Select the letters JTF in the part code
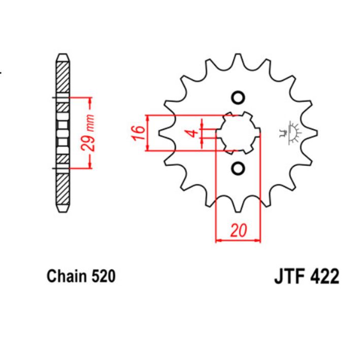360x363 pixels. pyautogui.click(x=290, y=277)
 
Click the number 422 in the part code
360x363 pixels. pyautogui.click(x=323, y=277)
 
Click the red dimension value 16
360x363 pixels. pyautogui.click(x=137, y=133)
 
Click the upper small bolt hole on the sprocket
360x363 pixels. pyautogui.click(x=238, y=98)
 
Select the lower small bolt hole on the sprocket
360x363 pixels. pyautogui.click(x=238, y=168)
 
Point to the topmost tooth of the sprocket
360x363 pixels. pyautogui.click(x=238, y=60)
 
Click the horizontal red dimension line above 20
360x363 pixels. pyautogui.click(x=238, y=239)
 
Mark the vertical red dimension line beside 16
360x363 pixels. pyautogui.click(x=147, y=133)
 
